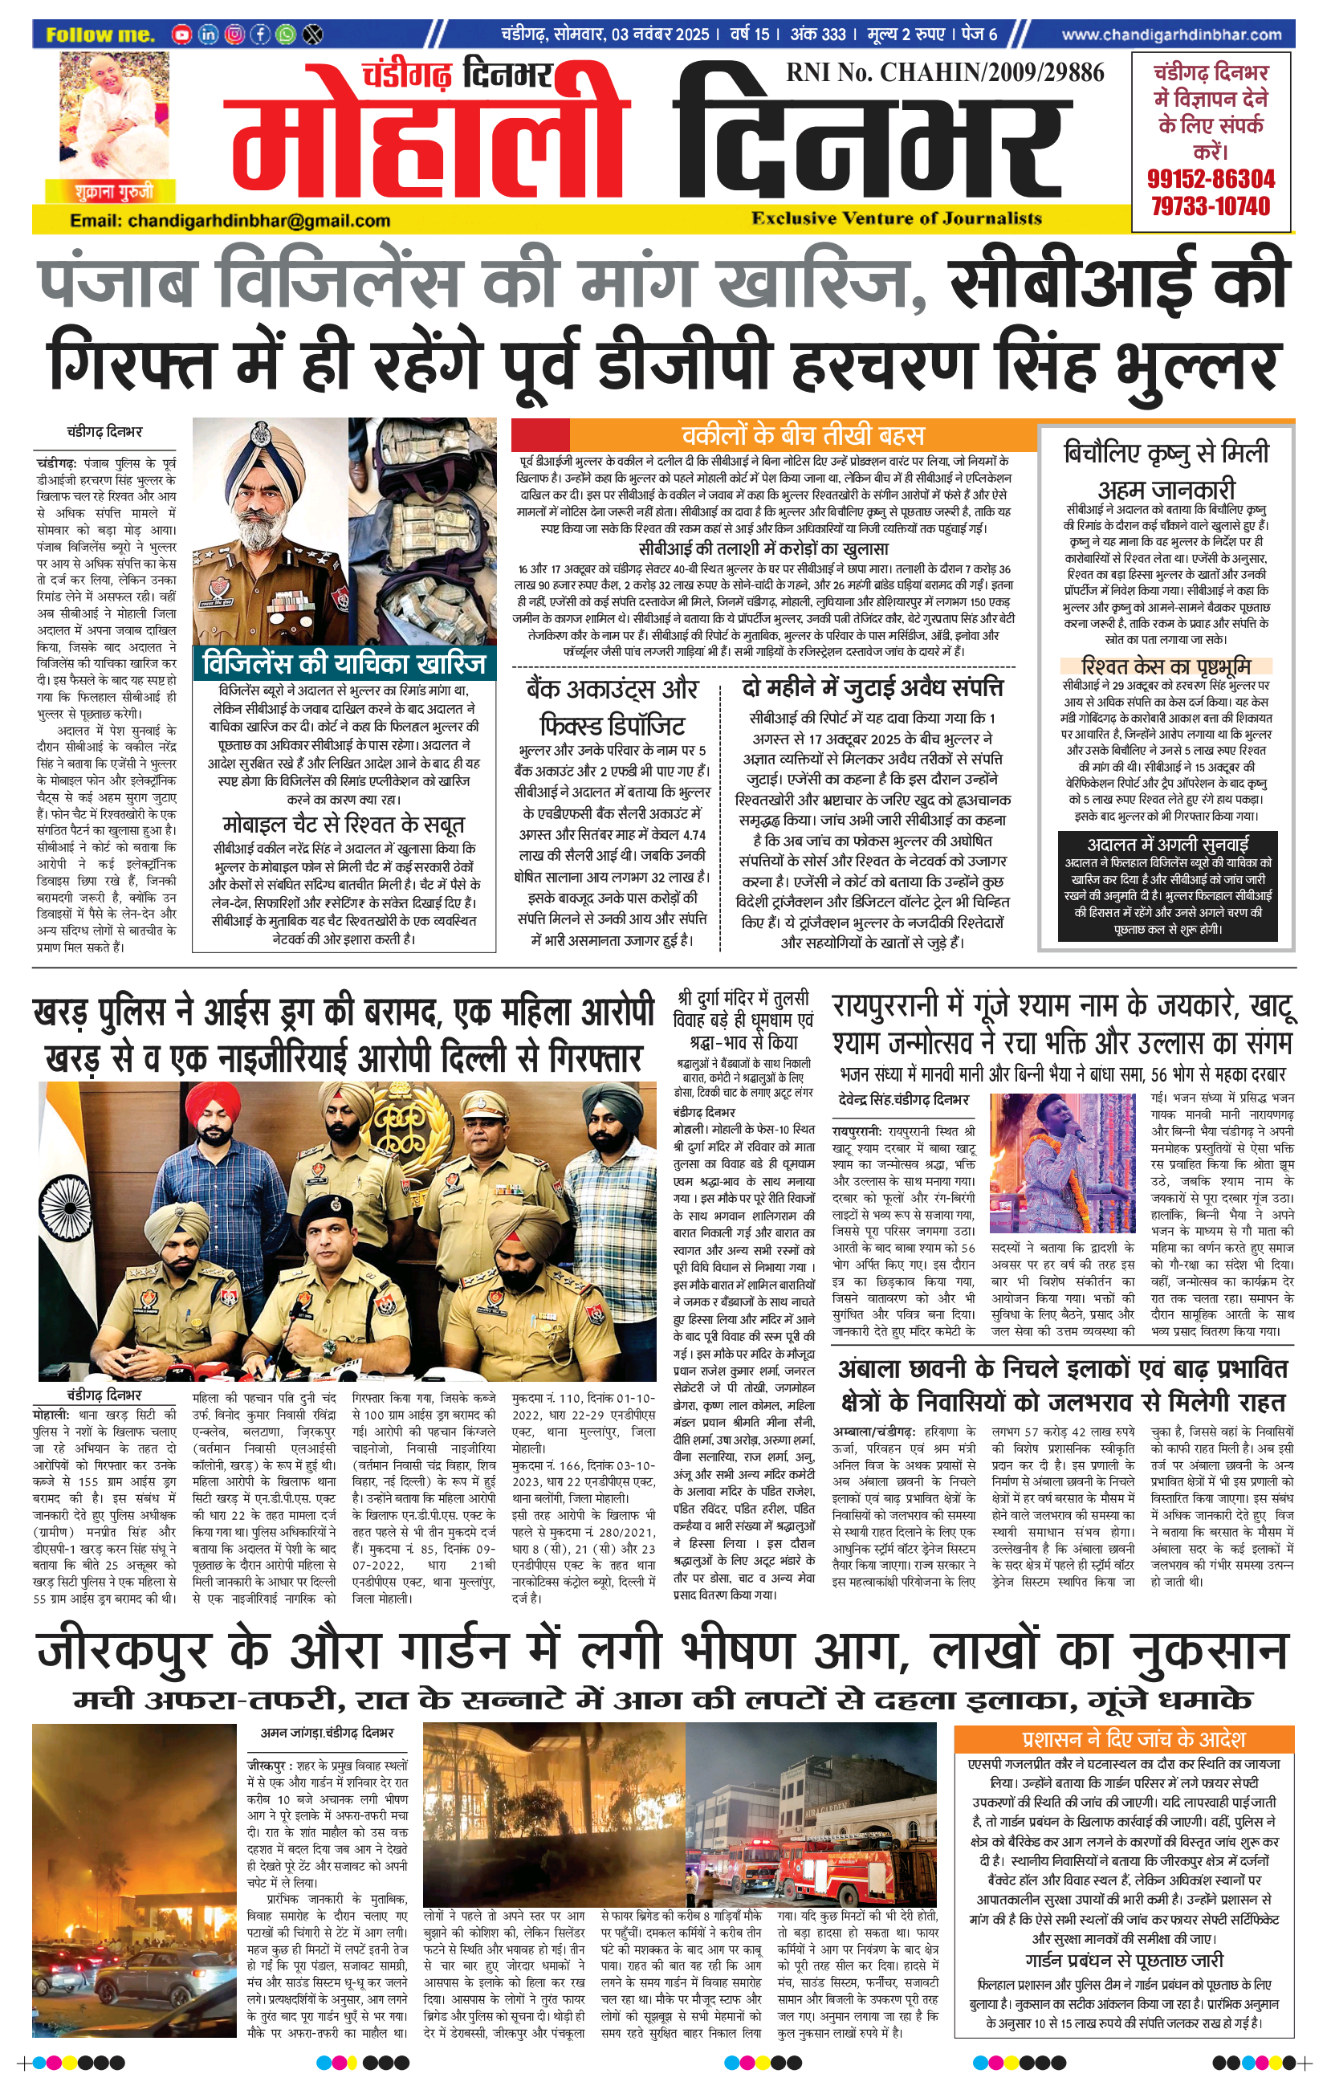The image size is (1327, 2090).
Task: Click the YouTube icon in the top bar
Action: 181,35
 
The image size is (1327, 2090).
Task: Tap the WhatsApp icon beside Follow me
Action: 286,35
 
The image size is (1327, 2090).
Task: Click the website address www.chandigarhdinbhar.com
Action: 1170,35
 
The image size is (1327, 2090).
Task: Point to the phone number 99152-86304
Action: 1211,180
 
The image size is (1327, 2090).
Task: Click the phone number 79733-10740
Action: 1211,206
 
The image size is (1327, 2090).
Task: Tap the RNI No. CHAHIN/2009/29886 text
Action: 945,73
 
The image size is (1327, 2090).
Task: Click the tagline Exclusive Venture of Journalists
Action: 897,218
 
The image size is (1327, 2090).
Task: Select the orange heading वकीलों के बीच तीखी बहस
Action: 802,435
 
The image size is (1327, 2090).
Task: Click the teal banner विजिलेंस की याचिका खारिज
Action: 344,665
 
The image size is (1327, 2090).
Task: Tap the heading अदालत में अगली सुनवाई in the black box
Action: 1167,845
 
